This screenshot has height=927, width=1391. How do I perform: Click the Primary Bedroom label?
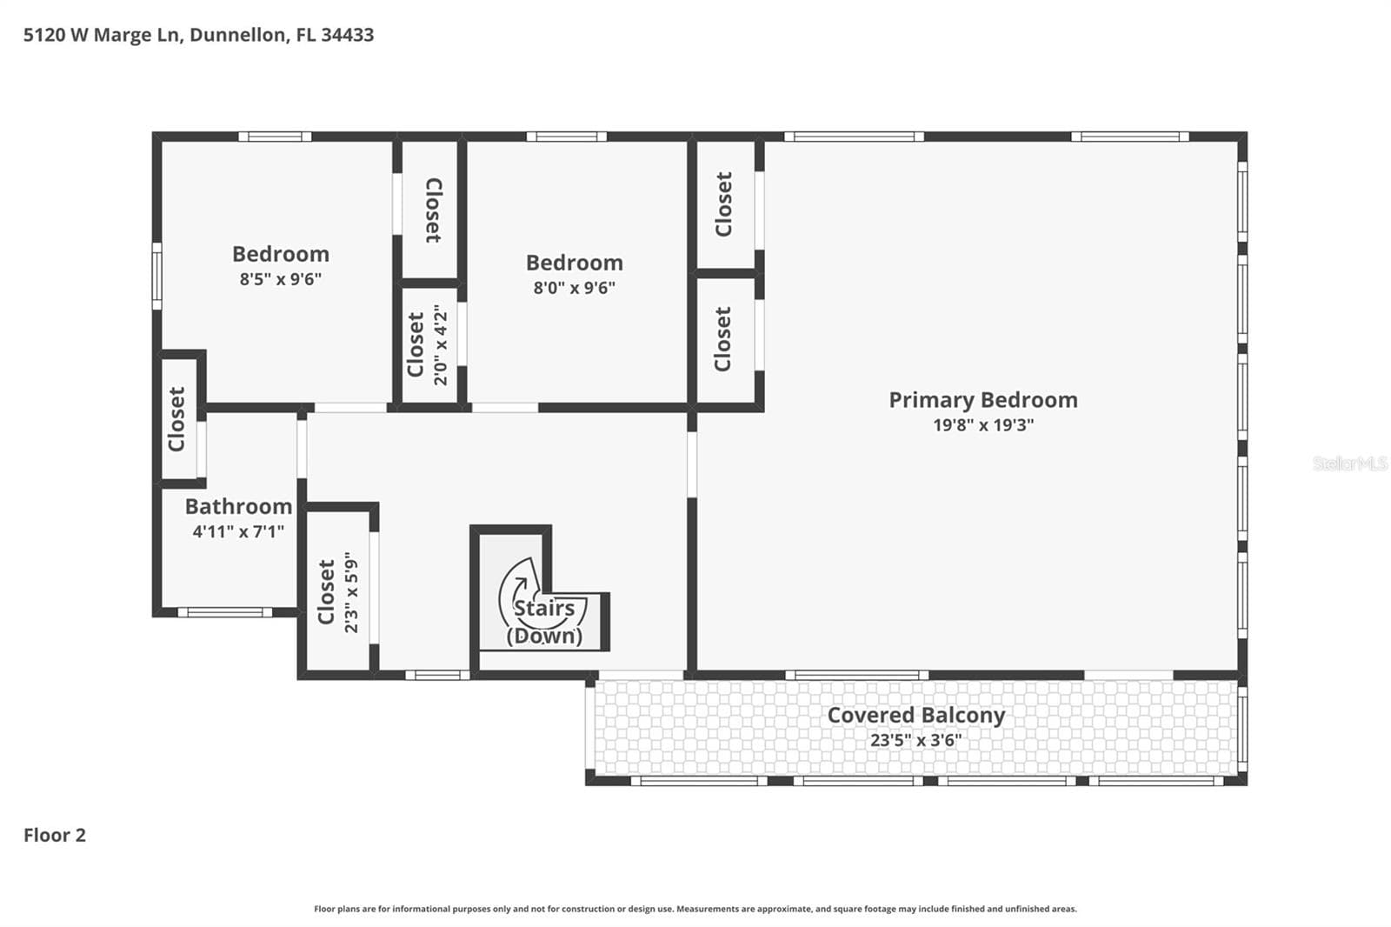pyautogui.click(x=983, y=400)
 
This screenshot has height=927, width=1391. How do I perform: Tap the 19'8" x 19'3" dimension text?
pyautogui.click(x=983, y=425)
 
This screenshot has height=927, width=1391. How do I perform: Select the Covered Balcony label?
pyautogui.click(x=916, y=715)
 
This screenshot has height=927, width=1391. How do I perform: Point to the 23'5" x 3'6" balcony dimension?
pyautogui.click(x=916, y=740)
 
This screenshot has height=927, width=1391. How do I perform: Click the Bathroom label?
pyautogui.click(x=238, y=506)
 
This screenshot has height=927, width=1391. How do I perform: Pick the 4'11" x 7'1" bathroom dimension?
pyautogui.click(x=238, y=531)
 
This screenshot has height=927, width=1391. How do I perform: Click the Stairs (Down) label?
pyautogui.click(x=544, y=621)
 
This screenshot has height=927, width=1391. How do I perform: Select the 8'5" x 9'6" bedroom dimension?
pyautogui.click(x=281, y=279)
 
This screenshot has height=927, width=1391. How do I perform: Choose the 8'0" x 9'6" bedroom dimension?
pyautogui.click(x=575, y=288)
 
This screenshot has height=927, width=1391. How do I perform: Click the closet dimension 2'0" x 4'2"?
pyautogui.click(x=440, y=345)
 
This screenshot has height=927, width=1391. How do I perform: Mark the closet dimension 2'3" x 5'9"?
pyautogui.click(x=351, y=592)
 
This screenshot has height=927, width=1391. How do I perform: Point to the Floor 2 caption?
pyautogui.click(x=55, y=835)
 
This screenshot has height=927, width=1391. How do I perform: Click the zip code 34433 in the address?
pyautogui.click(x=348, y=35)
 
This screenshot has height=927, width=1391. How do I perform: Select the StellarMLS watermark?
pyautogui.click(x=1350, y=463)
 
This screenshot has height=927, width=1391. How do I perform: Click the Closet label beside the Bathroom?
pyautogui.click(x=176, y=419)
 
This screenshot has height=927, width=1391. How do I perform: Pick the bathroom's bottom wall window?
pyautogui.click(x=225, y=612)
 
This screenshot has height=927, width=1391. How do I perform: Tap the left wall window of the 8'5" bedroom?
pyautogui.click(x=157, y=276)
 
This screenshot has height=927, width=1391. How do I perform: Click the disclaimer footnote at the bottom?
pyautogui.click(x=695, y=909)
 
